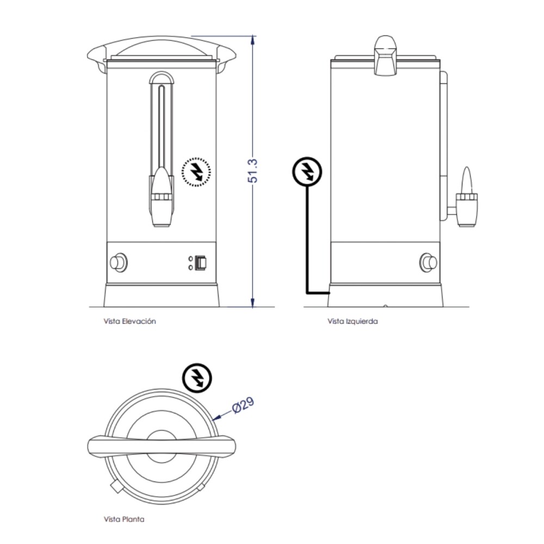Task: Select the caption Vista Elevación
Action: tap(129, 321)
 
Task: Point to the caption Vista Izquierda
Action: tap(353, 321)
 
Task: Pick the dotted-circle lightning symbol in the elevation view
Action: tap(196, 172)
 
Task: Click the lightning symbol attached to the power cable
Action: tap(307, 171)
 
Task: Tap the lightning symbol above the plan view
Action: tap(197, 377)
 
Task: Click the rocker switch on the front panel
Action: tap(202, 263)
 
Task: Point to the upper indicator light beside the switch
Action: tap(190, 258)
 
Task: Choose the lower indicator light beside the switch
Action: tap(190, 267)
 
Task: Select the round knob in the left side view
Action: tap(429, 263)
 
